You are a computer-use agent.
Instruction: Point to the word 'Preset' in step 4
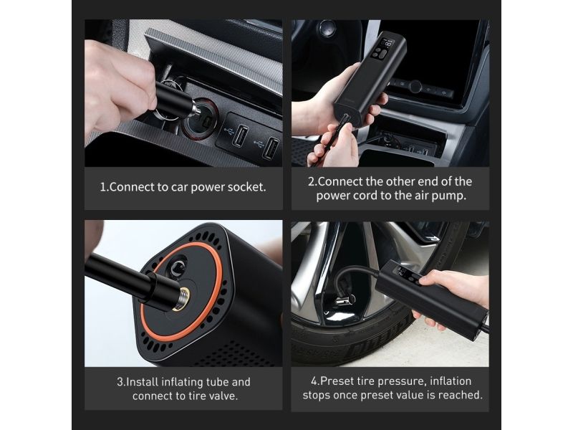click(335, 381)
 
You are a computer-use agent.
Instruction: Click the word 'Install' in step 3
click(142, 382)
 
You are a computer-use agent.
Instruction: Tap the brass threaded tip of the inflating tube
click(183, 298)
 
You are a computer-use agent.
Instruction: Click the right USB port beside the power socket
click(271, 148)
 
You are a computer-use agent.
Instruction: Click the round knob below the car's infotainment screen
click(415, 87)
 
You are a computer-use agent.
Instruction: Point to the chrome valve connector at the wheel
click(345, 301)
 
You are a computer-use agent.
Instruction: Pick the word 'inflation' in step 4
click(451, 381)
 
